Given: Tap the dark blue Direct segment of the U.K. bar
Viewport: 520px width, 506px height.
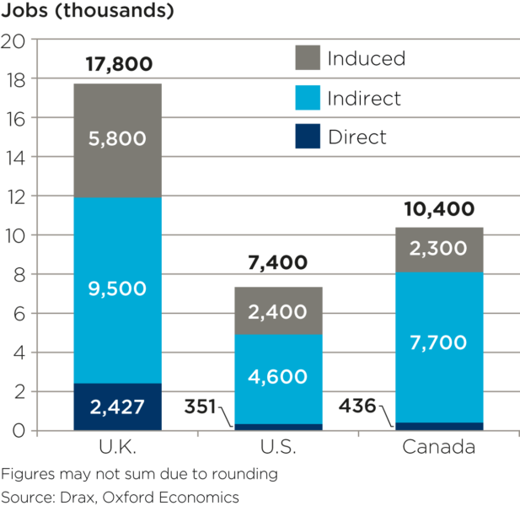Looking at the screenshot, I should (118, 406).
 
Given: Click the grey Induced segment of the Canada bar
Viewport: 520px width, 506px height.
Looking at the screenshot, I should (440, 250).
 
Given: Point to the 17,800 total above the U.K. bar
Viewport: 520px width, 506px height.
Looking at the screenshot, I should (118, 65).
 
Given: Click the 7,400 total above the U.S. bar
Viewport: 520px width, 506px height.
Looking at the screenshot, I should (278, 264).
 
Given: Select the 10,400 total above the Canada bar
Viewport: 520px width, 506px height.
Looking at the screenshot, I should (438, 210).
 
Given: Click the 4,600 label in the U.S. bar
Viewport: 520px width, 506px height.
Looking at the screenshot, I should (278, 377).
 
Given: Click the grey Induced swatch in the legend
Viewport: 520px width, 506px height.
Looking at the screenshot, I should (308, 58).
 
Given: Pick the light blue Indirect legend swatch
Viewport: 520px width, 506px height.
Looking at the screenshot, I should (308, 98).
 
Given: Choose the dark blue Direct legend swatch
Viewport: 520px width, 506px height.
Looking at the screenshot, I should (308, 137).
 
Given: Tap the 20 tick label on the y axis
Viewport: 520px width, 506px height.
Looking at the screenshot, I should (17, 40).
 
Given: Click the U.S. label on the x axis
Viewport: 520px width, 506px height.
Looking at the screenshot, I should (278, 446).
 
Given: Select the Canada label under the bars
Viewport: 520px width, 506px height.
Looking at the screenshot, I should (440, 446).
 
